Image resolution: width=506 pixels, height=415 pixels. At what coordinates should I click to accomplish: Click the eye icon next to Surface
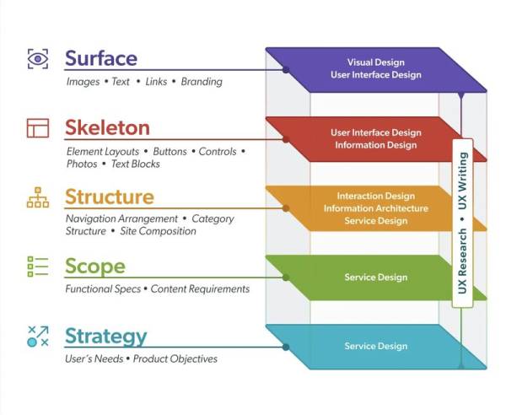pos(38,59)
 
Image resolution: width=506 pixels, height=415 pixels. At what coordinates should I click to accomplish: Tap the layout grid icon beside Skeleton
pos(38,128)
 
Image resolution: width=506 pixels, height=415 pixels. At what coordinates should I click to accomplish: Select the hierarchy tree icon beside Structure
pos(38,197)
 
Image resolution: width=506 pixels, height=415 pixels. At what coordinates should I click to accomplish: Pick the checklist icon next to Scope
pos(38,267)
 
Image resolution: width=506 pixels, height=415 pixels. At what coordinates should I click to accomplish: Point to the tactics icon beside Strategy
pos(38,337)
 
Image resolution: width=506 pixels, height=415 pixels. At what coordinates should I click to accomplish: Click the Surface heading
pos(101,58)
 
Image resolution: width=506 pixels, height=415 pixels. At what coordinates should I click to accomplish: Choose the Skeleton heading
pos(107,127)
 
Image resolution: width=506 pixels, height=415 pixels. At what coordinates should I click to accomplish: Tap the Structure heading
pos(110,197)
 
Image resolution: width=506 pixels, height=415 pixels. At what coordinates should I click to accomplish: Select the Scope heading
pos(95,267)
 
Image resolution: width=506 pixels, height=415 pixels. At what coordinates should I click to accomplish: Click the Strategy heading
pos(106,337)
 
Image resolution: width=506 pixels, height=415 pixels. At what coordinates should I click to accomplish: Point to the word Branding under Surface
pos(202,82)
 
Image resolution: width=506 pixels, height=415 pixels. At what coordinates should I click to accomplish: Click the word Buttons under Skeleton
pos(170,151)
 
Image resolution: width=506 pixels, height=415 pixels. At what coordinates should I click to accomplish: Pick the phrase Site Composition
pos(159,231)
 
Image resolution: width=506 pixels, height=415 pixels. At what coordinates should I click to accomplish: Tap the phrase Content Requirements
pos(200,288)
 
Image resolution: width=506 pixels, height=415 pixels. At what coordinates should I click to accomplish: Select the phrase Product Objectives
pos(175,358)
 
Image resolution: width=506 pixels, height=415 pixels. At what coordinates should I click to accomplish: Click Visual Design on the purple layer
pos(376,62)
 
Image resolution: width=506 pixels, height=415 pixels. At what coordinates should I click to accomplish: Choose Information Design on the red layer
pos(376,145)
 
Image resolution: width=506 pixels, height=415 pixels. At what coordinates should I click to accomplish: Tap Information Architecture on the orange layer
pos(376,208)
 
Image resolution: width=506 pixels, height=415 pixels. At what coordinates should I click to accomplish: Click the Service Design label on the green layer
pos(376,278)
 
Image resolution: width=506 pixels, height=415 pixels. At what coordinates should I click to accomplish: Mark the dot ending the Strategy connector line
pos(286,347)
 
